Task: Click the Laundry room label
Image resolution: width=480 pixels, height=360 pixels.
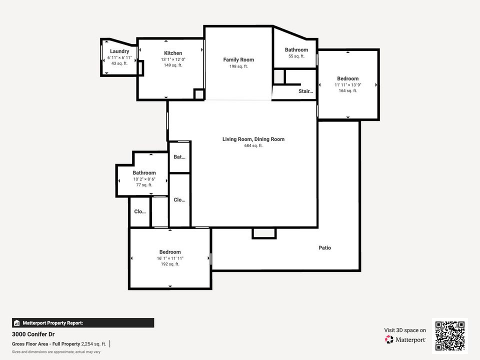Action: (119, 51)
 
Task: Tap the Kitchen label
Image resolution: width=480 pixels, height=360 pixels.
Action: (173, 53)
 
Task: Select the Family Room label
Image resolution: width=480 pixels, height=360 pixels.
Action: (238, 60)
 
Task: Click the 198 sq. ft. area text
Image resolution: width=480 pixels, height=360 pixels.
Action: (238, 66)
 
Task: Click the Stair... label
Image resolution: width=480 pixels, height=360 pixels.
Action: (305, 91)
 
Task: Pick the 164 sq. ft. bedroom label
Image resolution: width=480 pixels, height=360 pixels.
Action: (347, 78)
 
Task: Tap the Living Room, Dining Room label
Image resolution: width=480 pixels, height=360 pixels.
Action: (253, 139)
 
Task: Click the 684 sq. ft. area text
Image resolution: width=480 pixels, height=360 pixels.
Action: (253, 145)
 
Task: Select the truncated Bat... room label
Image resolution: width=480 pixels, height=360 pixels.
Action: (179, 157)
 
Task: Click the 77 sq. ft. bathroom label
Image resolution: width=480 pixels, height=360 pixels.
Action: (144, 173)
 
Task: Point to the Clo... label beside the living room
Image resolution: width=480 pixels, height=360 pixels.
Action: (179, 200)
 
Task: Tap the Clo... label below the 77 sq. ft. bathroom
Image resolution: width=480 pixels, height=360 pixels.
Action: (140, 211)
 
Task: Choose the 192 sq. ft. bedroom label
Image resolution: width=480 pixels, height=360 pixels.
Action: (170, 252)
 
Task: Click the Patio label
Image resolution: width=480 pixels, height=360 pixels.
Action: (325, 248)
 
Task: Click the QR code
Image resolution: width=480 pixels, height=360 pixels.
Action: (450, 336)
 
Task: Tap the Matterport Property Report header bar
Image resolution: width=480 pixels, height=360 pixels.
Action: (83, 323)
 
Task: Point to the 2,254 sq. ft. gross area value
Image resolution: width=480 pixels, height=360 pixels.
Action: (93, 344)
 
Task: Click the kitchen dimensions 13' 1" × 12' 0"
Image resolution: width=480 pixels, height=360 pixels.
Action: (173, 59)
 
